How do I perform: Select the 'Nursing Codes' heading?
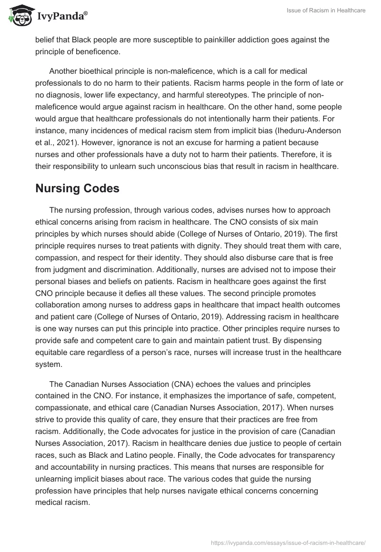(77, 188)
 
